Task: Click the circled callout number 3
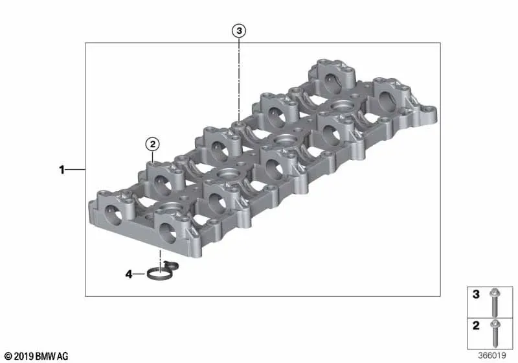[239, 30]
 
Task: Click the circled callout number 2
[153, 144]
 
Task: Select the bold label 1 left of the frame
[62, 170]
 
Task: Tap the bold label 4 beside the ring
[129, 274]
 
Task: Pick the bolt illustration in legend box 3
[494, 302]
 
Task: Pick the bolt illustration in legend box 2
[495, 333]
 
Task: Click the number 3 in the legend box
[476, 294]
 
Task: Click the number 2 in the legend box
[476, 325]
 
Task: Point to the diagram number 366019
[492, 355]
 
